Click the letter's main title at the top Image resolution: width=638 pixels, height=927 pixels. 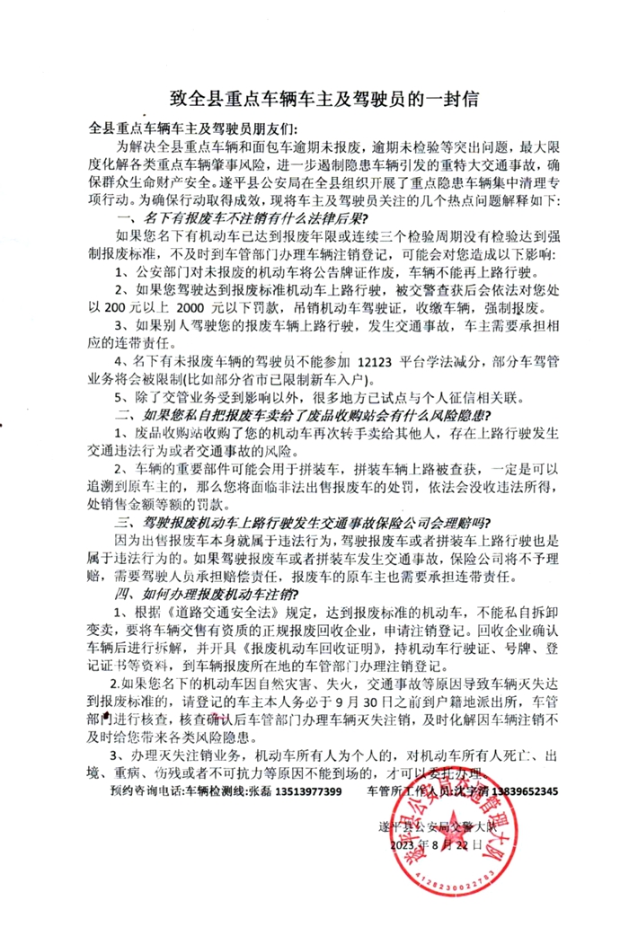[318, 97]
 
